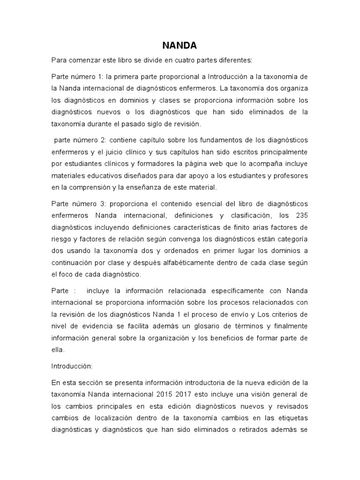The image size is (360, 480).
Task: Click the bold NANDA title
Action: (180, 45)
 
